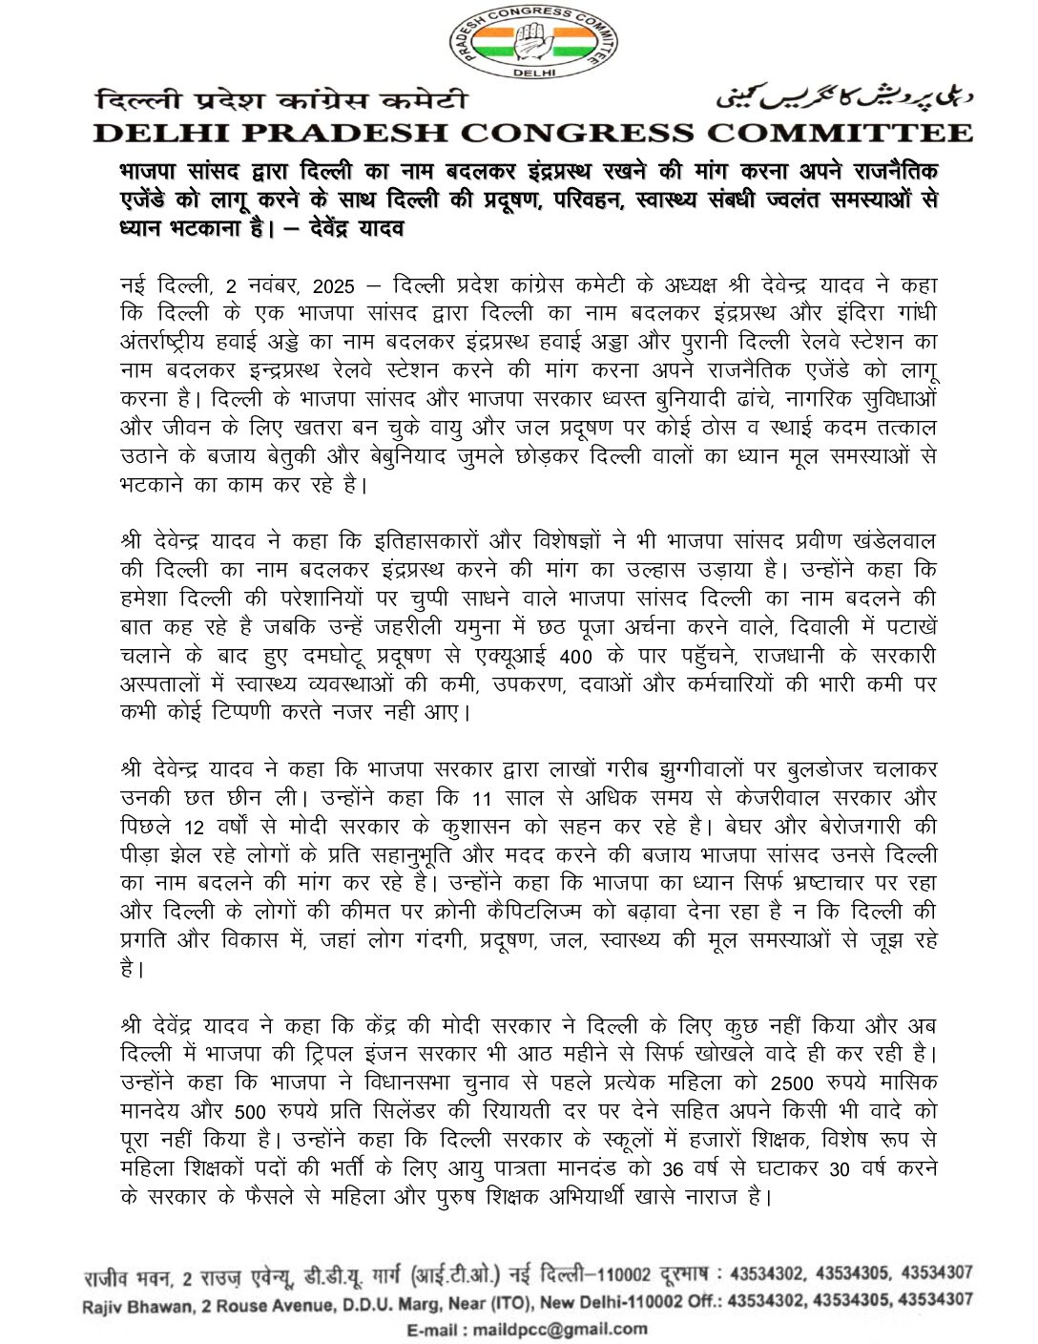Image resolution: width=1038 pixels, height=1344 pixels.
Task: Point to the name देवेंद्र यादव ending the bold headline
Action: point(349,230)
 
